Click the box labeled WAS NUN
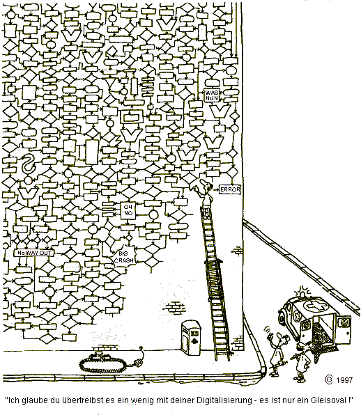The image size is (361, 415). click(212, 95)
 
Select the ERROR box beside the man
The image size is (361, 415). click(230, 189)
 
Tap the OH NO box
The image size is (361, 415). click(128, 211)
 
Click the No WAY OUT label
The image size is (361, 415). click(34, 253)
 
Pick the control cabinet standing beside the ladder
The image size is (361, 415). click(191, 338)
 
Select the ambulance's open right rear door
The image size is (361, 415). click(344, 327)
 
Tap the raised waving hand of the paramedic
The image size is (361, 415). click(270, 336)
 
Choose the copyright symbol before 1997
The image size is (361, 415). click(329, 379)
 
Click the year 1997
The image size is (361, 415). click(344, 380)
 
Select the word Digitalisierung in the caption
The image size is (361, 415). click(224, 400)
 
